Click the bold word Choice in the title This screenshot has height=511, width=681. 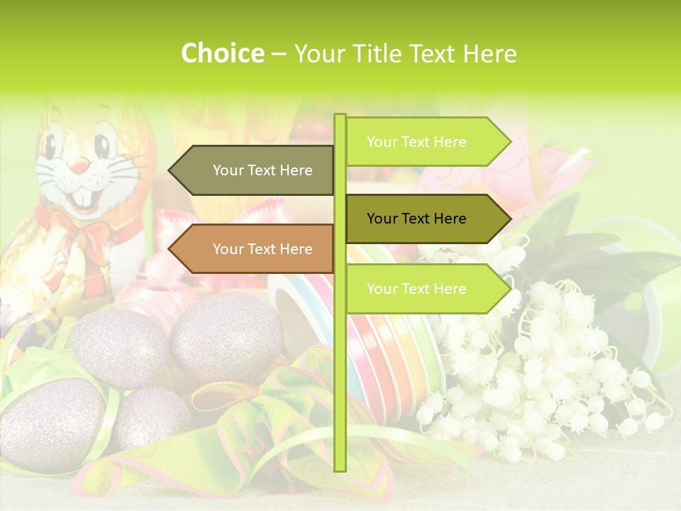coord(222,53)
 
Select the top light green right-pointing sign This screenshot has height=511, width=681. coord(426,142)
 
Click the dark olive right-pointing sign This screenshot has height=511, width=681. coord(426,219)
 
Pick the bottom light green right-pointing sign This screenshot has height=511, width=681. coord(426,289)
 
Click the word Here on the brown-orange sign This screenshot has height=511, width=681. coord(296,249)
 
